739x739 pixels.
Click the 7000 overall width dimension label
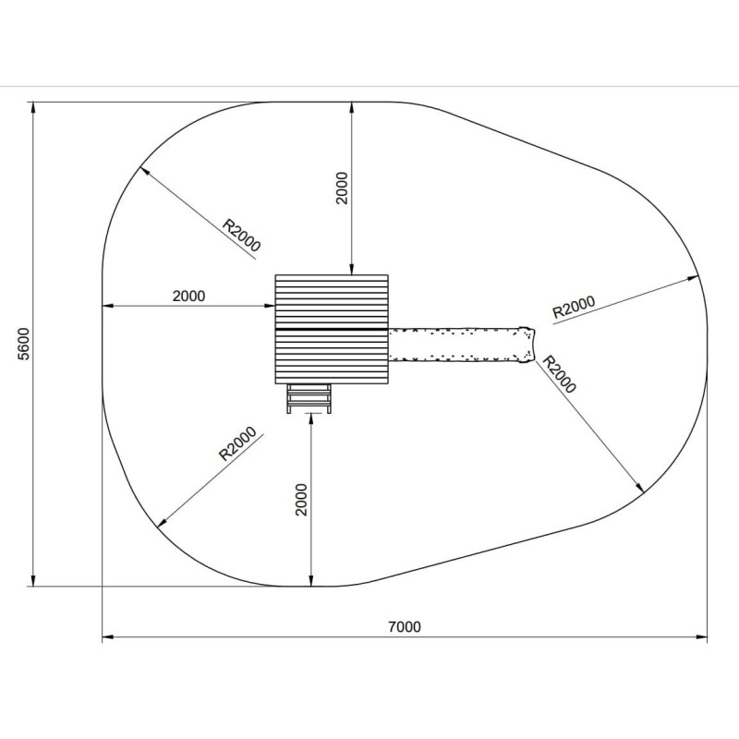(x=405, y=627)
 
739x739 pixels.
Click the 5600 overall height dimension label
(x=23, y=344)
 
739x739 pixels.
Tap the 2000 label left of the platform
(x=189, y=296)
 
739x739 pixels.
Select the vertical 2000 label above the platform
(x=342, y=188)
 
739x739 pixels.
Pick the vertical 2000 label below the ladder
(x=301, y=500)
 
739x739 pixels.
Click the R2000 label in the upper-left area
(x=241, y=235)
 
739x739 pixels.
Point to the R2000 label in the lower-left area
(x=238, y=443)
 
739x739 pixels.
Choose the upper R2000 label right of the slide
(x=574, y=308)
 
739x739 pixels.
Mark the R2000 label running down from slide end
(x=560, y=374)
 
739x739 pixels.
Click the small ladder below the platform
(x=309, y=398)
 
